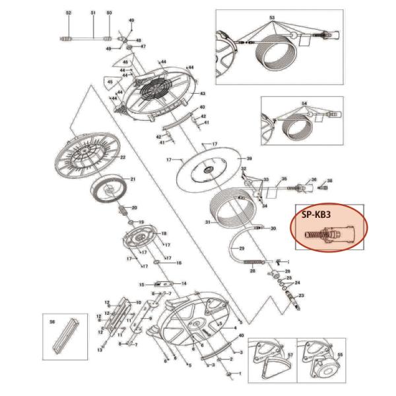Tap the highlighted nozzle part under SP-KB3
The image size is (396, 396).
pos(328,234)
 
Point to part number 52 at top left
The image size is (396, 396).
pos(69,13)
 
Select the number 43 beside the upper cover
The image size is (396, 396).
pos(203,94)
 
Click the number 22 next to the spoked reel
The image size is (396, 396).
pos(122,156)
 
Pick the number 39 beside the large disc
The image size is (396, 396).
pos(249,159)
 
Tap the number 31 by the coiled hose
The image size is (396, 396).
pos(207,222)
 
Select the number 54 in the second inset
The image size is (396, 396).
pos(304,104)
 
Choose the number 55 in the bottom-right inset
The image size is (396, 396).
pos(340,354)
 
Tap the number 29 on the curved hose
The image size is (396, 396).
pos(242,248)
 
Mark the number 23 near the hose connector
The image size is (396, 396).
pos(302,296)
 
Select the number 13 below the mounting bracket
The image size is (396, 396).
pos(100,350)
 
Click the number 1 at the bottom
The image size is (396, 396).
pos(241,381)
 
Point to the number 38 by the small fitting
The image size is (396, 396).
pos(330,180)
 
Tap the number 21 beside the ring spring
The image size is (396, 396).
pos(132,180)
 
